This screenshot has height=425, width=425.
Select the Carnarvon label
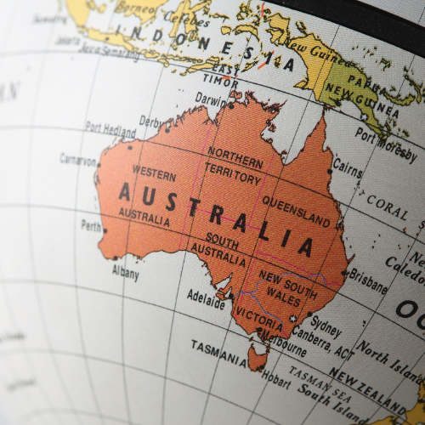coord(78,159)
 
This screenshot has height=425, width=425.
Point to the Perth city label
coord(90,226)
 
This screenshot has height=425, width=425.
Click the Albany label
coord(125,272)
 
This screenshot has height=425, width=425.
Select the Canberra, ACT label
coord(321,343)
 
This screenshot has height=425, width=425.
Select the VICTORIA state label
coord(258,323)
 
